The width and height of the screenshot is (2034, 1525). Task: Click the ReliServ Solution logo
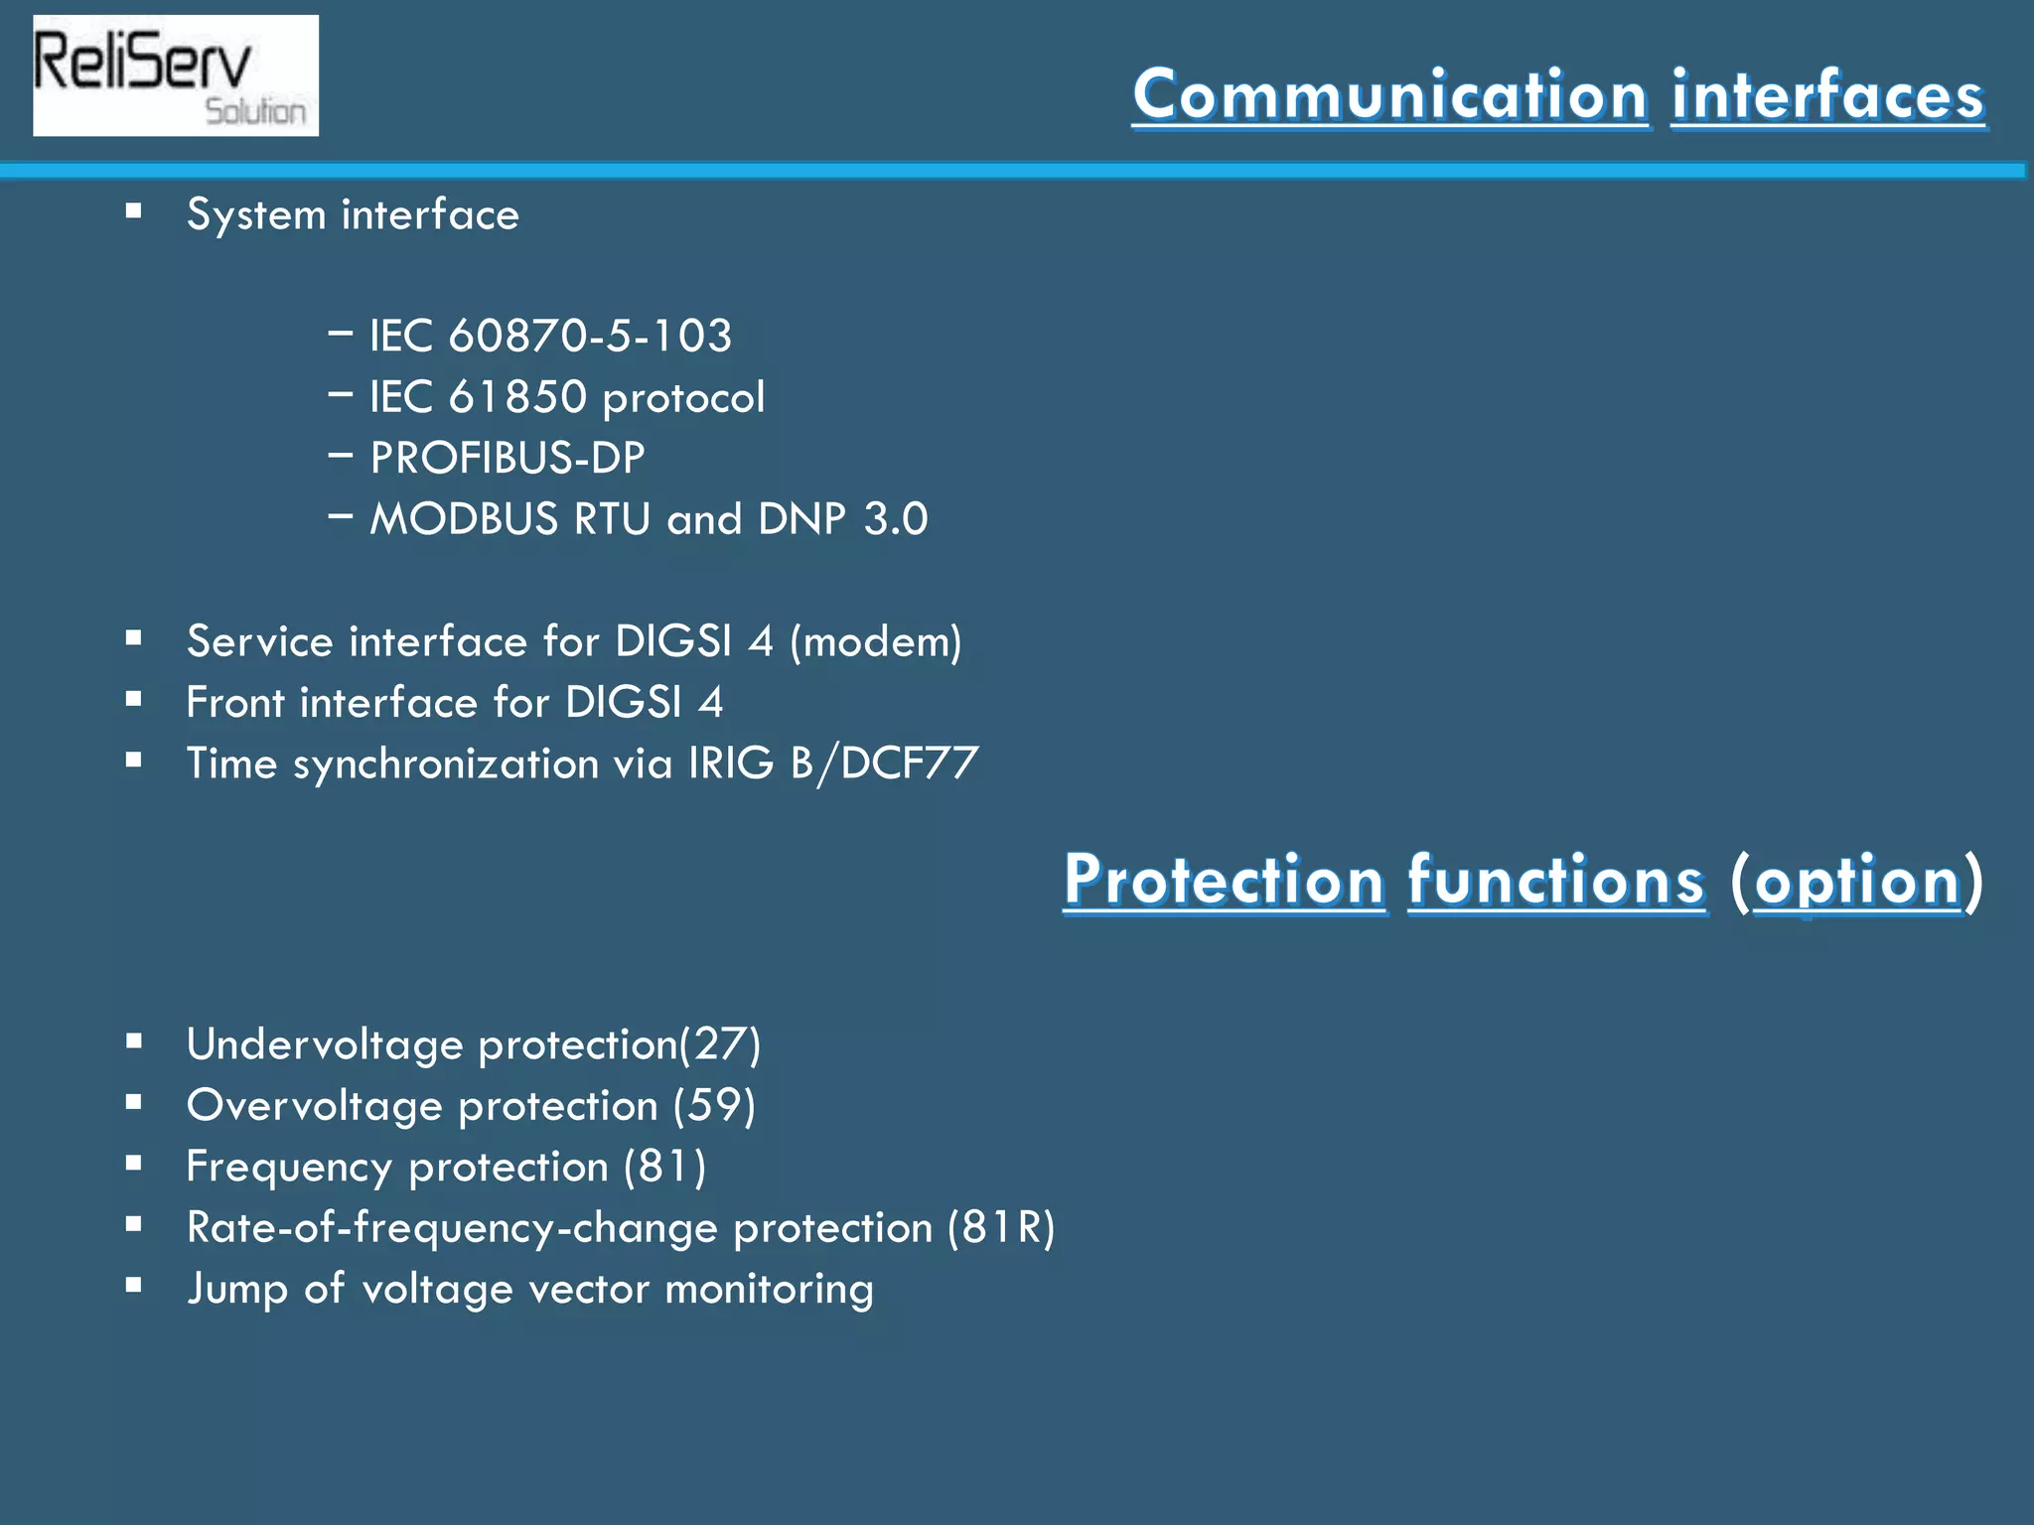click(176, 75)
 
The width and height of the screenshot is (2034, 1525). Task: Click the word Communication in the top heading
click(1390, 95)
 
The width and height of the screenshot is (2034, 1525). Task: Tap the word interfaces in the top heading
click(1827, 95)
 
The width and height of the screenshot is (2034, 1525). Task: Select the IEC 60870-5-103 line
click(550, 336)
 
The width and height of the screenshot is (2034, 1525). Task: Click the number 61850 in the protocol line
click(517, 397)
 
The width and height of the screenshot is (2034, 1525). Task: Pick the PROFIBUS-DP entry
click(507, 458)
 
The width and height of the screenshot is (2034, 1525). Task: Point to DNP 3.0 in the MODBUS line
click(842, 519)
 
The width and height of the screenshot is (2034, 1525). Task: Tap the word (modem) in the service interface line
click(875, 641)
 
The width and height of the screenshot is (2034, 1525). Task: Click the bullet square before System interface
click(134, 210)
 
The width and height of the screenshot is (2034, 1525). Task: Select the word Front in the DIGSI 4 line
click(235, 703)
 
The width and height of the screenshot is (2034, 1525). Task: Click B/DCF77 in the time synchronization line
click(884, 763)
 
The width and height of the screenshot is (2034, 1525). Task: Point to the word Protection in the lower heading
click(1224, 881)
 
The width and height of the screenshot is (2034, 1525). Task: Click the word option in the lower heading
click(1857, 881)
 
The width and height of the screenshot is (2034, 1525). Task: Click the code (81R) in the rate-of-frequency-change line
click(1001, 1228)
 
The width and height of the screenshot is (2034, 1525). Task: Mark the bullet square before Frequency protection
click(134, 1163)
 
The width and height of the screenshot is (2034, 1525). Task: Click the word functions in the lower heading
click(1556, 881)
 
